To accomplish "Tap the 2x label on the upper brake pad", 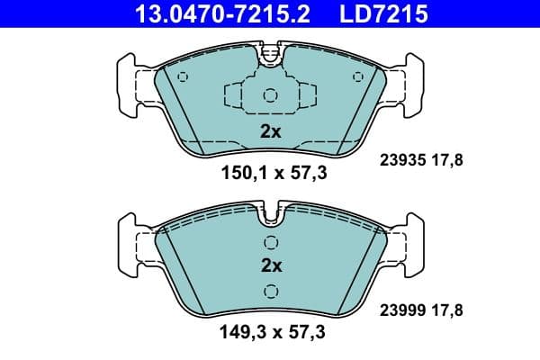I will pyautogui.click(x=271, y=131).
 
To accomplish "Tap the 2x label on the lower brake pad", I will pyautogui.click(x=271, y=265).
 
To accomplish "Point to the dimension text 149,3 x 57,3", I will pyautogui.click(x=270, y=335).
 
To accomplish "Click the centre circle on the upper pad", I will pyautogui.click(x=271, y=96).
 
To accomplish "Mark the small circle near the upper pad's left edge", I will pyautogui.click(x=184, y=76).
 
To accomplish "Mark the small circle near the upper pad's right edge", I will pyautogui.click(x=358, y=76).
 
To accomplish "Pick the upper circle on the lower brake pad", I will pyautogui.click(x=271, y=242).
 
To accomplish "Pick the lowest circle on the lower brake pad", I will pyautogui.click(x=271, y=290).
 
